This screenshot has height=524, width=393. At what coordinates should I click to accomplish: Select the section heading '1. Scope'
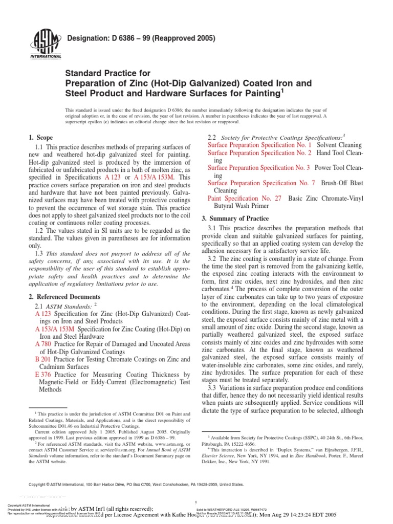click(40, 138)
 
